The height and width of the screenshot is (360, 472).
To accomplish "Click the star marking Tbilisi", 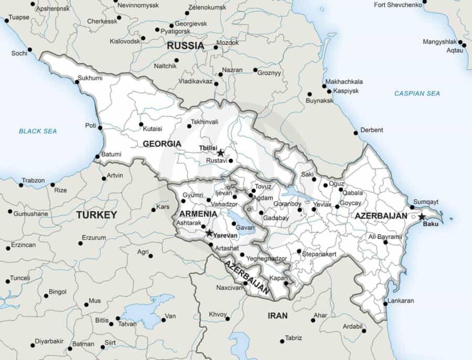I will click(221, 153).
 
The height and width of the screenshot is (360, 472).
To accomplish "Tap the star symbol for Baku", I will click(422, 216).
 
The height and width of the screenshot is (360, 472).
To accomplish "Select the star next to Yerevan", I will click(209, 233).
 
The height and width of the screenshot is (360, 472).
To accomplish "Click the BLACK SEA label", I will click(38, 131).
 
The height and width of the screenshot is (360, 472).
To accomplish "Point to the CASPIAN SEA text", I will click(417, 93).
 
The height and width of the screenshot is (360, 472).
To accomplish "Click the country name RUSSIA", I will click(185, 46).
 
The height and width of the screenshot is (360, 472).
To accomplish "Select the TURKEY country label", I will click(96, 215).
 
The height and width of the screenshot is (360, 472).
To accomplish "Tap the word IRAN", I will click(277, 315).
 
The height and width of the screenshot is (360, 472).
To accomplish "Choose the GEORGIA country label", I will click(162, 144).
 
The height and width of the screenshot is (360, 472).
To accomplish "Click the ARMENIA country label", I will click(198, 214).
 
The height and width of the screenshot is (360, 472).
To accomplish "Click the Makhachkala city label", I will click(344, 82).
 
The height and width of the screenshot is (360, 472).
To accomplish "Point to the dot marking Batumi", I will click(97, 157).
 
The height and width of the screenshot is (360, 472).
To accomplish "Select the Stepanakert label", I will click(319, 254).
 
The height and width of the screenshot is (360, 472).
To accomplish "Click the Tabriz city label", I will click(294, 337).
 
